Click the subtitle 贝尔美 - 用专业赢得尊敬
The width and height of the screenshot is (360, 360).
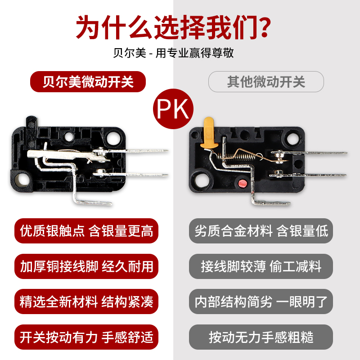tap(173, 53)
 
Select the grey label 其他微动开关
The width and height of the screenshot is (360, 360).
tap(266, 81)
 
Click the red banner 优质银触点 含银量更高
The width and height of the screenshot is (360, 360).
tap(86, 231)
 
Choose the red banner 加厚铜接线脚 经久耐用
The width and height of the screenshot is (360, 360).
tap(86, 266)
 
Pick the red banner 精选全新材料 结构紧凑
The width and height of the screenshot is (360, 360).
tap(86, 301)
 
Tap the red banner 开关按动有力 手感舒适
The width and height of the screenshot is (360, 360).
tap(86, 337)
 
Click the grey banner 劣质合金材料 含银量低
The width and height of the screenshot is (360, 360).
tap(261, 231)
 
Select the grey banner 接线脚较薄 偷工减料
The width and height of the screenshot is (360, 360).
tap(261, 266)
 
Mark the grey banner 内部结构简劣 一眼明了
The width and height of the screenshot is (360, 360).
tap(261, 301)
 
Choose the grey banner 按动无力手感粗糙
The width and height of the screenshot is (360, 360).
tap(261, 337)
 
